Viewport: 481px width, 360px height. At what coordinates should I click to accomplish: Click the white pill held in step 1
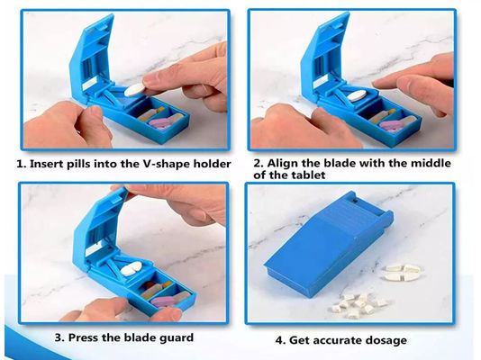(135, 90)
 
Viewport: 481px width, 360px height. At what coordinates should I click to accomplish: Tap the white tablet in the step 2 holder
(357, 95)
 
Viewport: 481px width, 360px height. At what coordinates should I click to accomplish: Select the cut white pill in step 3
(132, 269)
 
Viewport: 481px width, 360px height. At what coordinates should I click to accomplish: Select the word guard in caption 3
(177, 337)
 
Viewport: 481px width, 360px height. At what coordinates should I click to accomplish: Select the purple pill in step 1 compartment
(159, 124)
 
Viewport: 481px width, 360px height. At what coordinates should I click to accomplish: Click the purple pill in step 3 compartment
(162, 301)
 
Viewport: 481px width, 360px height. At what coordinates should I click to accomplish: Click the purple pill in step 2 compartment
(390, 126)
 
